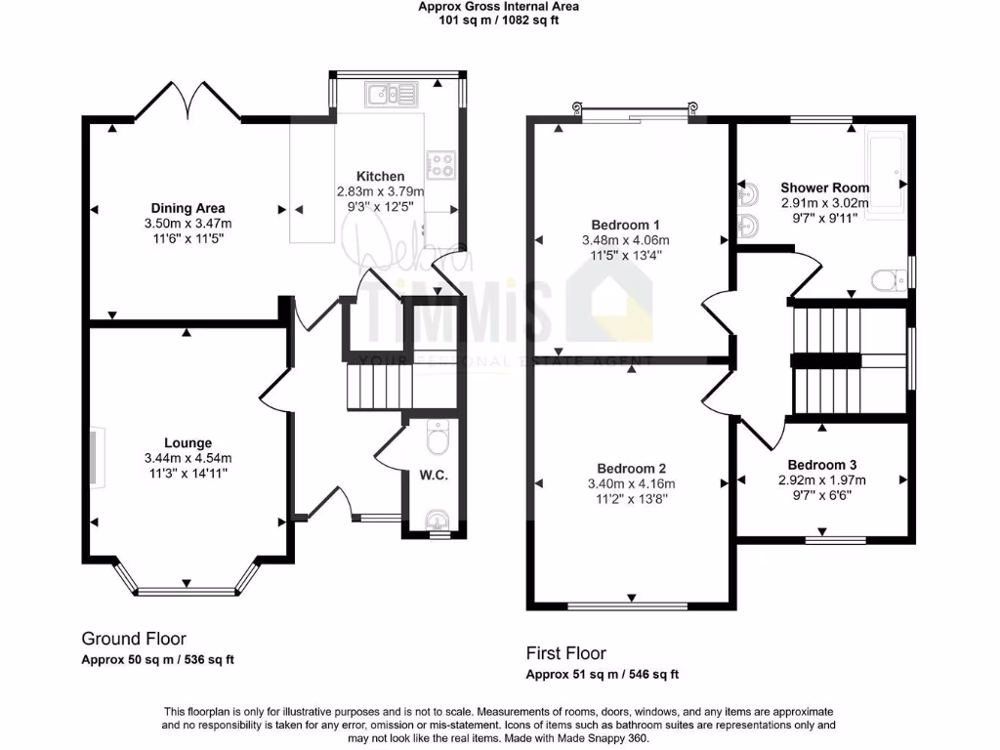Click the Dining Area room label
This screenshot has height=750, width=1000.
click(x=187, y=208)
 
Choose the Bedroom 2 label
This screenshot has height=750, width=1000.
click(x=632, y=467)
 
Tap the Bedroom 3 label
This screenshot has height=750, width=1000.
click(x=822, y=465)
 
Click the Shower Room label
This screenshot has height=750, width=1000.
click(x=824, y=187)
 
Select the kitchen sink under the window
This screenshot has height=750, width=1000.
click(x=391, y=94)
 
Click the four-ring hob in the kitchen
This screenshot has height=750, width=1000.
click(x=440, y=164)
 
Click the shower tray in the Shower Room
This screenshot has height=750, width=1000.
click(x=887, y=172)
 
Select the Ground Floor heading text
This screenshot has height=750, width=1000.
click(x=133, y=640)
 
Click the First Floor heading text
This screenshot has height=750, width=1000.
click(x=565, y=653)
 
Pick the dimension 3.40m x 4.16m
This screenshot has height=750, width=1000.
click(x=632, y=483)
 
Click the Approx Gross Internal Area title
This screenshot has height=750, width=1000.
click(x=498, y=7)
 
